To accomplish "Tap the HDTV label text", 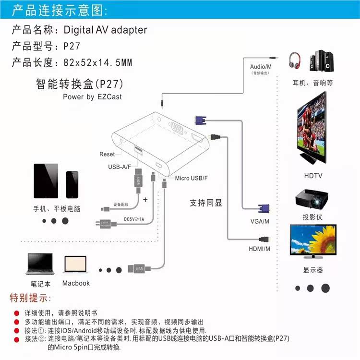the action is click(x=312, y=176).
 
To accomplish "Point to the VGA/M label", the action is click(x=260, y=221).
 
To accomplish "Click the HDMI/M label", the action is click(x=260, y=249).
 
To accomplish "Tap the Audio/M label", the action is click(x=261, y=66).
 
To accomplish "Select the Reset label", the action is click(x=107, y=154).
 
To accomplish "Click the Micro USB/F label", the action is click(x=192, y=179).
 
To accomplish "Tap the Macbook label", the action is click(x=76, y=283).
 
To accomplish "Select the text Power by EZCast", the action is click(x=92, y=96).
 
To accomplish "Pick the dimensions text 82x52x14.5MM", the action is click(x=97, y=63).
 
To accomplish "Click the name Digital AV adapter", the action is click(x=105, y=30).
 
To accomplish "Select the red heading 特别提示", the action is click(x=29, y=298).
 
